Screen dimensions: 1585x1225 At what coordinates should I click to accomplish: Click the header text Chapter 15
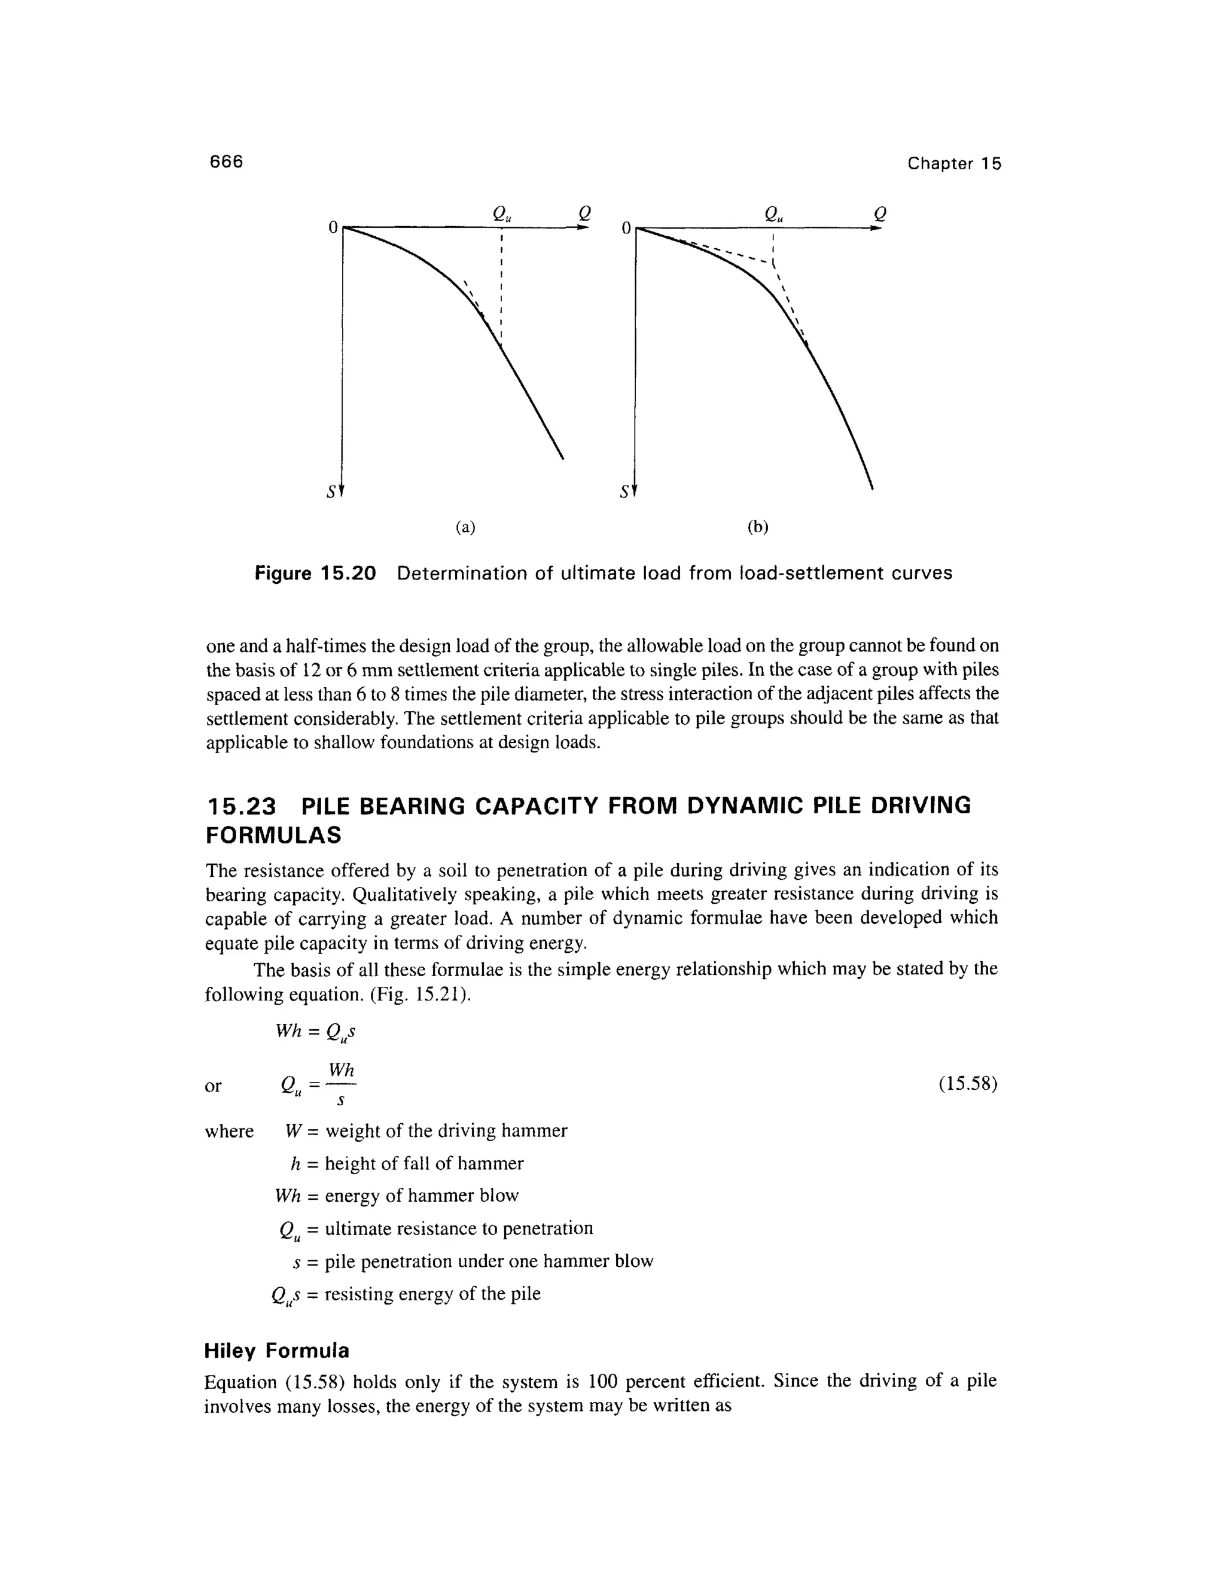point(953,163)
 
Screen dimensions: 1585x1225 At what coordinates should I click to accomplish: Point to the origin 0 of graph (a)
point(333,228)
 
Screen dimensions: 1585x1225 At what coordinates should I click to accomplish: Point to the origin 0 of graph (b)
point(626,228)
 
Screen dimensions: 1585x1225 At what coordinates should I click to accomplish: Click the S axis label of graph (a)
point(331,492)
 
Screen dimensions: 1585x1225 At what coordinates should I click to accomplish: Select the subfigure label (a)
point(465,528)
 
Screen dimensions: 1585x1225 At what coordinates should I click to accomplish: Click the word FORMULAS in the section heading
point(273,836)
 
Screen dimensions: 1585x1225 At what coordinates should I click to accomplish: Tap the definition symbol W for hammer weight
point(293,1130)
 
